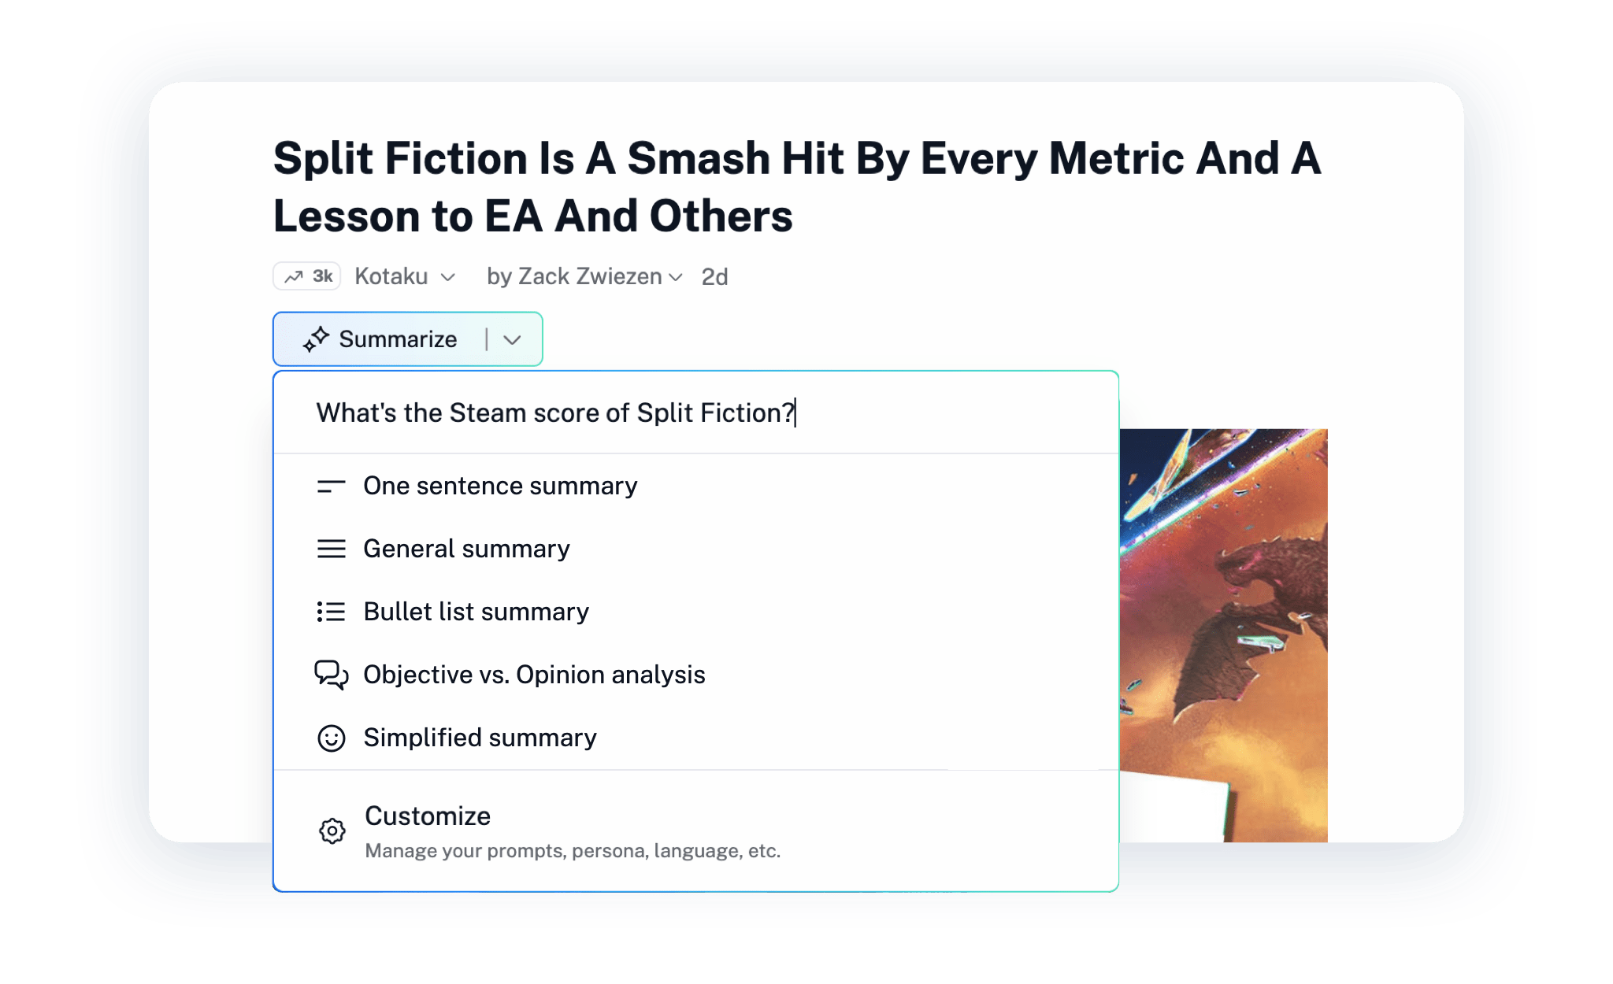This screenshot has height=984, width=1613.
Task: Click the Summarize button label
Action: (x=398, y=339)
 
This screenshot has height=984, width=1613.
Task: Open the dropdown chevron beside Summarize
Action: (x=513, y=340)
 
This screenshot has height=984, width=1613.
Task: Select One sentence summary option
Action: (x=500, y=486)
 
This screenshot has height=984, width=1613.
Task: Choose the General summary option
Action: (x=466, y=549)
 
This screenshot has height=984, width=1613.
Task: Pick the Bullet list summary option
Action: (x=476, y=612)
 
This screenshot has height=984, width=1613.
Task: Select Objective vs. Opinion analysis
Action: (x=534, y=675)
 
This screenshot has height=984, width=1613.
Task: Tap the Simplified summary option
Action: (x=480, y=738)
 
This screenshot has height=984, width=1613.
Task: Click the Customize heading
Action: (x=428, y=816)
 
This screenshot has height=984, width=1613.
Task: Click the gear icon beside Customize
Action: (x=332, y=830)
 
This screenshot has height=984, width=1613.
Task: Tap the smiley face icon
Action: (x=332, y=738)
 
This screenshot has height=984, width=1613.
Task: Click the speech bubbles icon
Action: (x=332, y=675)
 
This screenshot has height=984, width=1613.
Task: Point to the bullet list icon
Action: (x=332, y=612)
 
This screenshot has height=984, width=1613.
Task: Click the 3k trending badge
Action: (x=307, y=276)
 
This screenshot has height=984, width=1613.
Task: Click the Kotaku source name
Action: (x=391, y=276)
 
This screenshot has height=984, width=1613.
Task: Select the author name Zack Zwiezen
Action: (x=590, y=276)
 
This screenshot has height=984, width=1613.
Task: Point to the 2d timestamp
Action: (x=714, y=277)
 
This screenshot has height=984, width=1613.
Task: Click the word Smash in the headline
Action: (x=698, y=158)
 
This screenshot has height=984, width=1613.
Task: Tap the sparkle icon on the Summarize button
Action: (x=317, y=339)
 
